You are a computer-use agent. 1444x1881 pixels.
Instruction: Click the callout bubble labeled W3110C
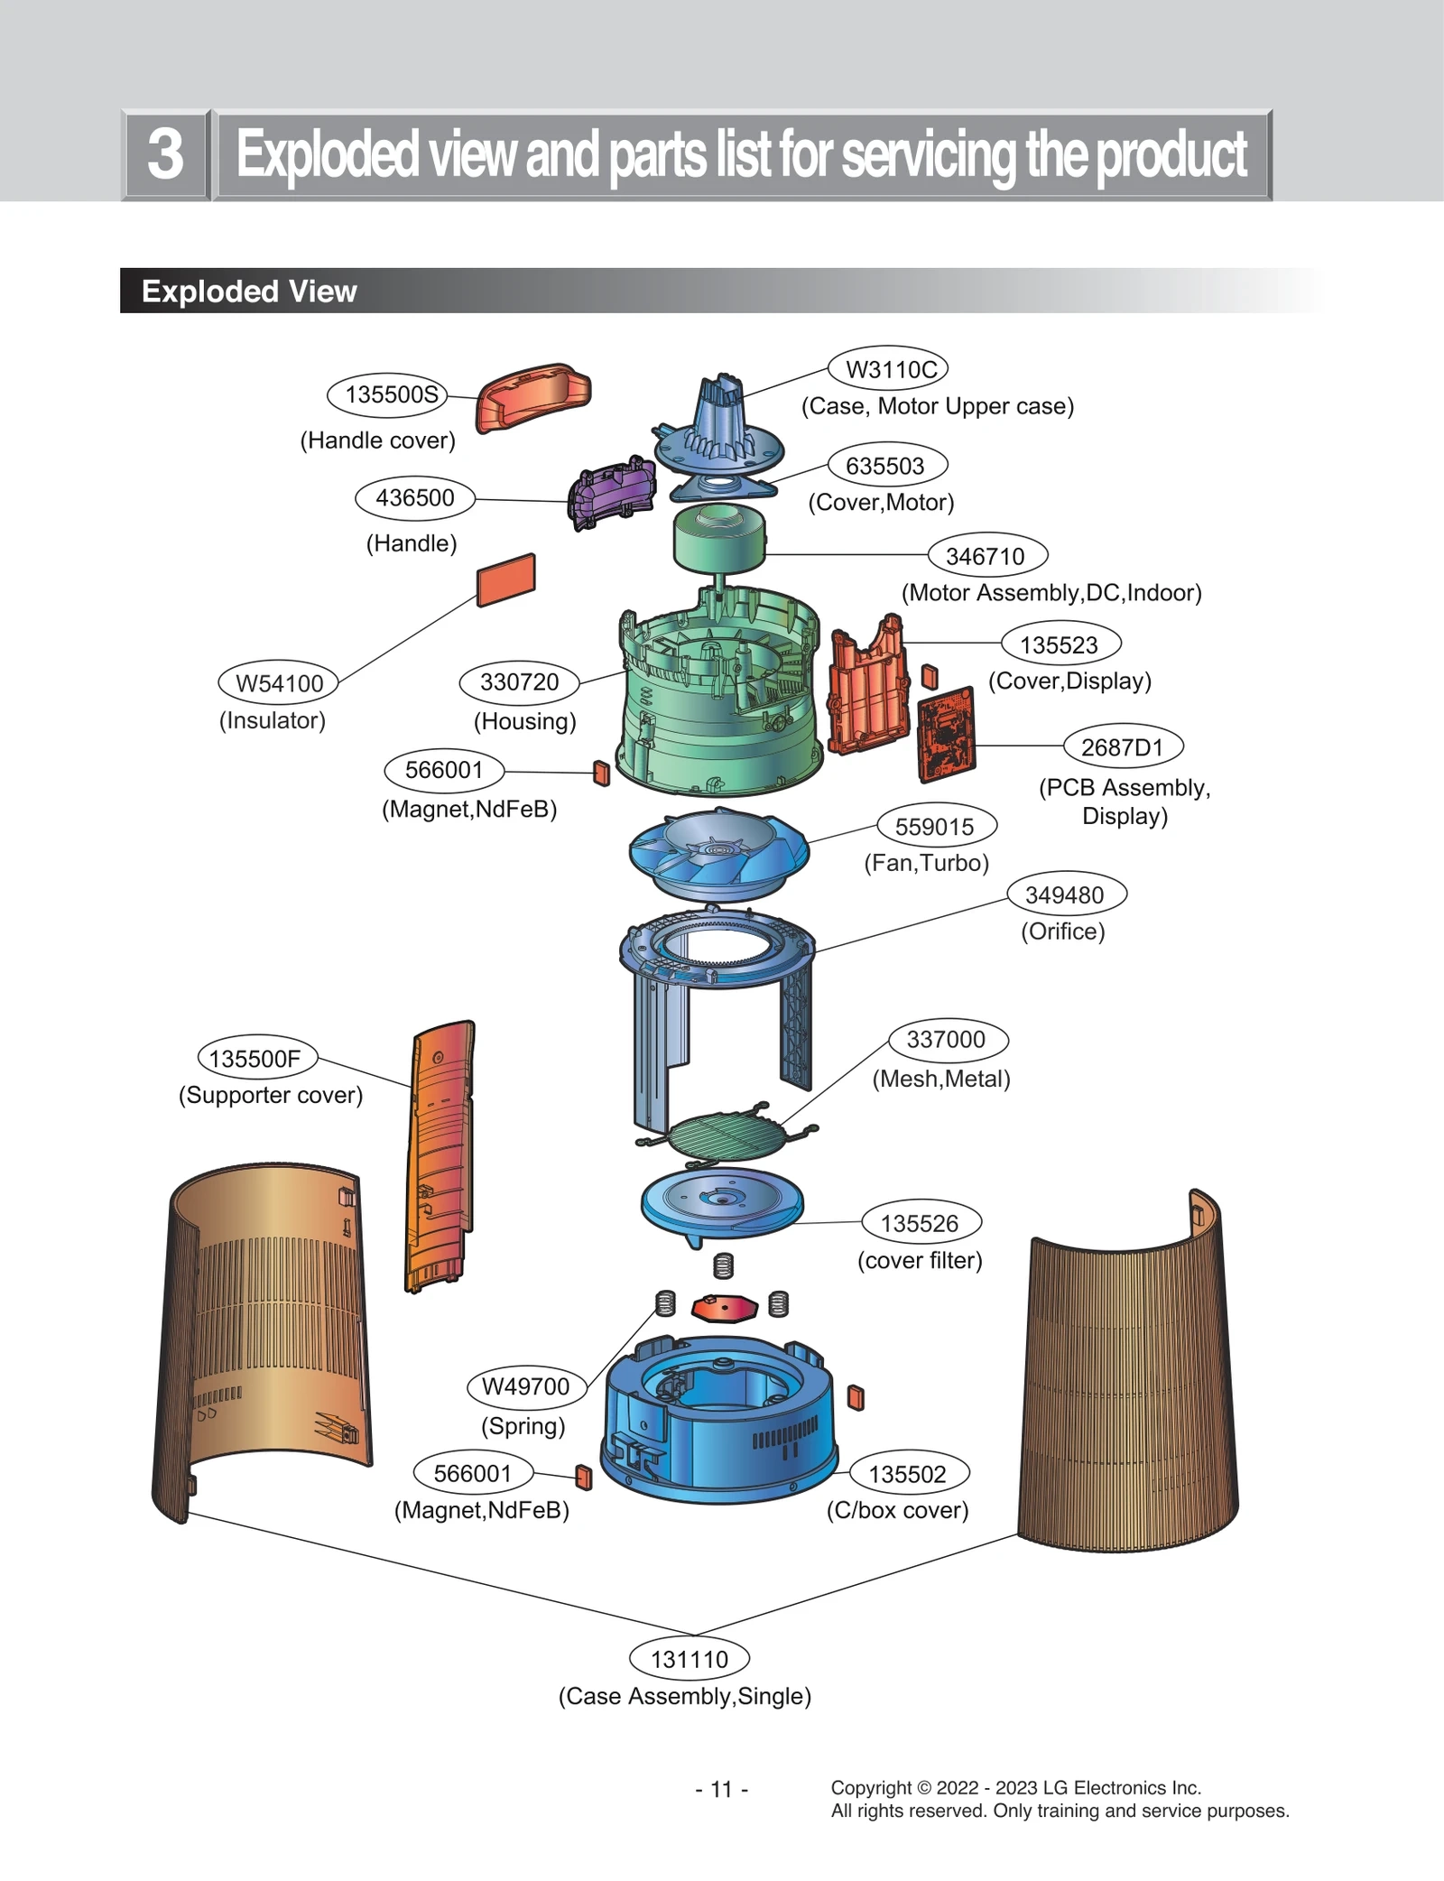point(889,369)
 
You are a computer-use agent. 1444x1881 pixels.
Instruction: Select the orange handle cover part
point(532,397)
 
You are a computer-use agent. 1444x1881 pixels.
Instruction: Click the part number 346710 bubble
point(986,556)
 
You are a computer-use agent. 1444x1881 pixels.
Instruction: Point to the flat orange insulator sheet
point(506,579)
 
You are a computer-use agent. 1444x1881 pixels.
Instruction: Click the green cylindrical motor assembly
point(718,538)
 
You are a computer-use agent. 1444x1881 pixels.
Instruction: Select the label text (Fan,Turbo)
point(926,863)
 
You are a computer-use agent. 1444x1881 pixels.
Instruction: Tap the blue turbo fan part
point(718,854)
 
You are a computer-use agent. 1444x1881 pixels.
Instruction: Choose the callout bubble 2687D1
point(1122,747)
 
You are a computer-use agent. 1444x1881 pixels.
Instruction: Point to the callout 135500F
point(256,1058)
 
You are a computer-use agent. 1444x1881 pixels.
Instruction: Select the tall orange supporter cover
point(440,1155)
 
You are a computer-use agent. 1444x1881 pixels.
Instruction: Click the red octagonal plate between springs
point(723,1307)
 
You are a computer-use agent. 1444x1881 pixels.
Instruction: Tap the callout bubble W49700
point(526,1386)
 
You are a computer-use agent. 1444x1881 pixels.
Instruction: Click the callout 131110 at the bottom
point(690,1659)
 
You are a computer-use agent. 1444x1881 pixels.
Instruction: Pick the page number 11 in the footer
point(721,1789)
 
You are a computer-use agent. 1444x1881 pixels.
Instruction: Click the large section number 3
point(166,154)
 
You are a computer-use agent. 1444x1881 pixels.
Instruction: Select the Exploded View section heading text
point(249,292)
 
